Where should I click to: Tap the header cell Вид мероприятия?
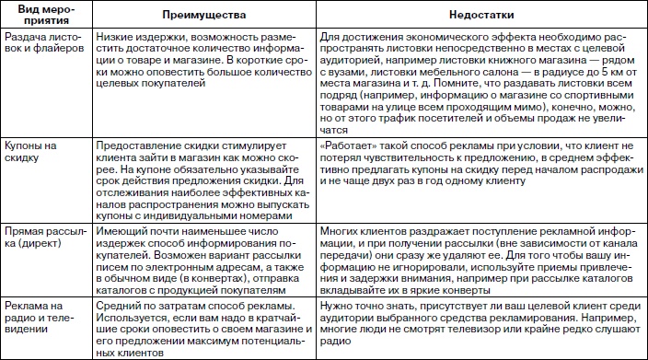(x=42, y=17)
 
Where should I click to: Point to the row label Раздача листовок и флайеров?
(x=41, y=44)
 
